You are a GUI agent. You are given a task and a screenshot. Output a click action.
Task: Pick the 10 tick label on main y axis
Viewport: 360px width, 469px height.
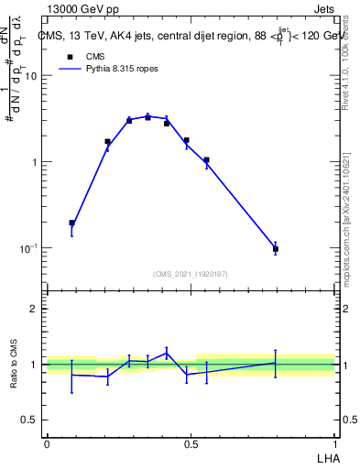click(x=31, y=76)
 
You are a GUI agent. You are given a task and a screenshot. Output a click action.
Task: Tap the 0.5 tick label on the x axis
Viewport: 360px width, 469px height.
click(x=191, y=443)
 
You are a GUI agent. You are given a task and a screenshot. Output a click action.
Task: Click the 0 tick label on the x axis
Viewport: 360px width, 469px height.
click(x=47, y=443)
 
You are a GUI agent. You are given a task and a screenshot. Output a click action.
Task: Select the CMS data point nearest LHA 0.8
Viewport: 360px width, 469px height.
click(x=275, y=249)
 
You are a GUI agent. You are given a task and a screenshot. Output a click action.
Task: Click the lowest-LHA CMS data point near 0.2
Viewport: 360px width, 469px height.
click(x=72, y=223)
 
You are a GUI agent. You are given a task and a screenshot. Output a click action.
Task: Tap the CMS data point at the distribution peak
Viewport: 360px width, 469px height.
click(x=148, y=117)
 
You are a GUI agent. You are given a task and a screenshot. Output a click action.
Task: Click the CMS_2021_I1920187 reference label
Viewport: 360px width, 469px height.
click(x=191, y=273)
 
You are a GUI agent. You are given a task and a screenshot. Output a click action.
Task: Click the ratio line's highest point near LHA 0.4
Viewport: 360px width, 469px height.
click(x=167, y=352)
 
